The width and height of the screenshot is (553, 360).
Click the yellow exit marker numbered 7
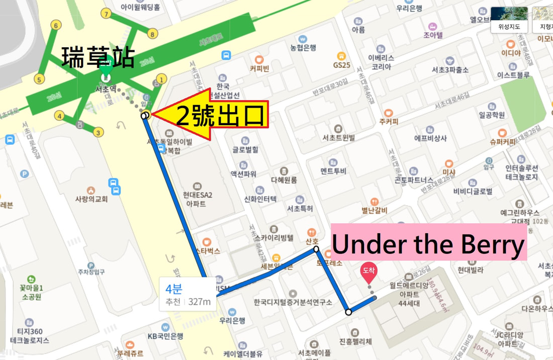(x=106, y=14)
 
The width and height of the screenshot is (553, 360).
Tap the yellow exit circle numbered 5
(x=38, y=79)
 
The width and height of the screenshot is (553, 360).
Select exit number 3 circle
(x=99, y=133)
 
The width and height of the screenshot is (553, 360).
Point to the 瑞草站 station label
(x=98, y=57)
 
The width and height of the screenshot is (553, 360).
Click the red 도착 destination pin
(x=368, y=272)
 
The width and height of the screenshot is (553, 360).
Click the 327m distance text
(x=200, y=302)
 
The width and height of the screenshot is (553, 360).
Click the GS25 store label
(x=341, y=65)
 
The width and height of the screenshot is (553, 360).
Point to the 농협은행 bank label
(x=303, y=48)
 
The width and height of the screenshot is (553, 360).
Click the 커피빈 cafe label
(x=259, y=68)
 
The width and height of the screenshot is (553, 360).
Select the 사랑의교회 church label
(x=91, y=199)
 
